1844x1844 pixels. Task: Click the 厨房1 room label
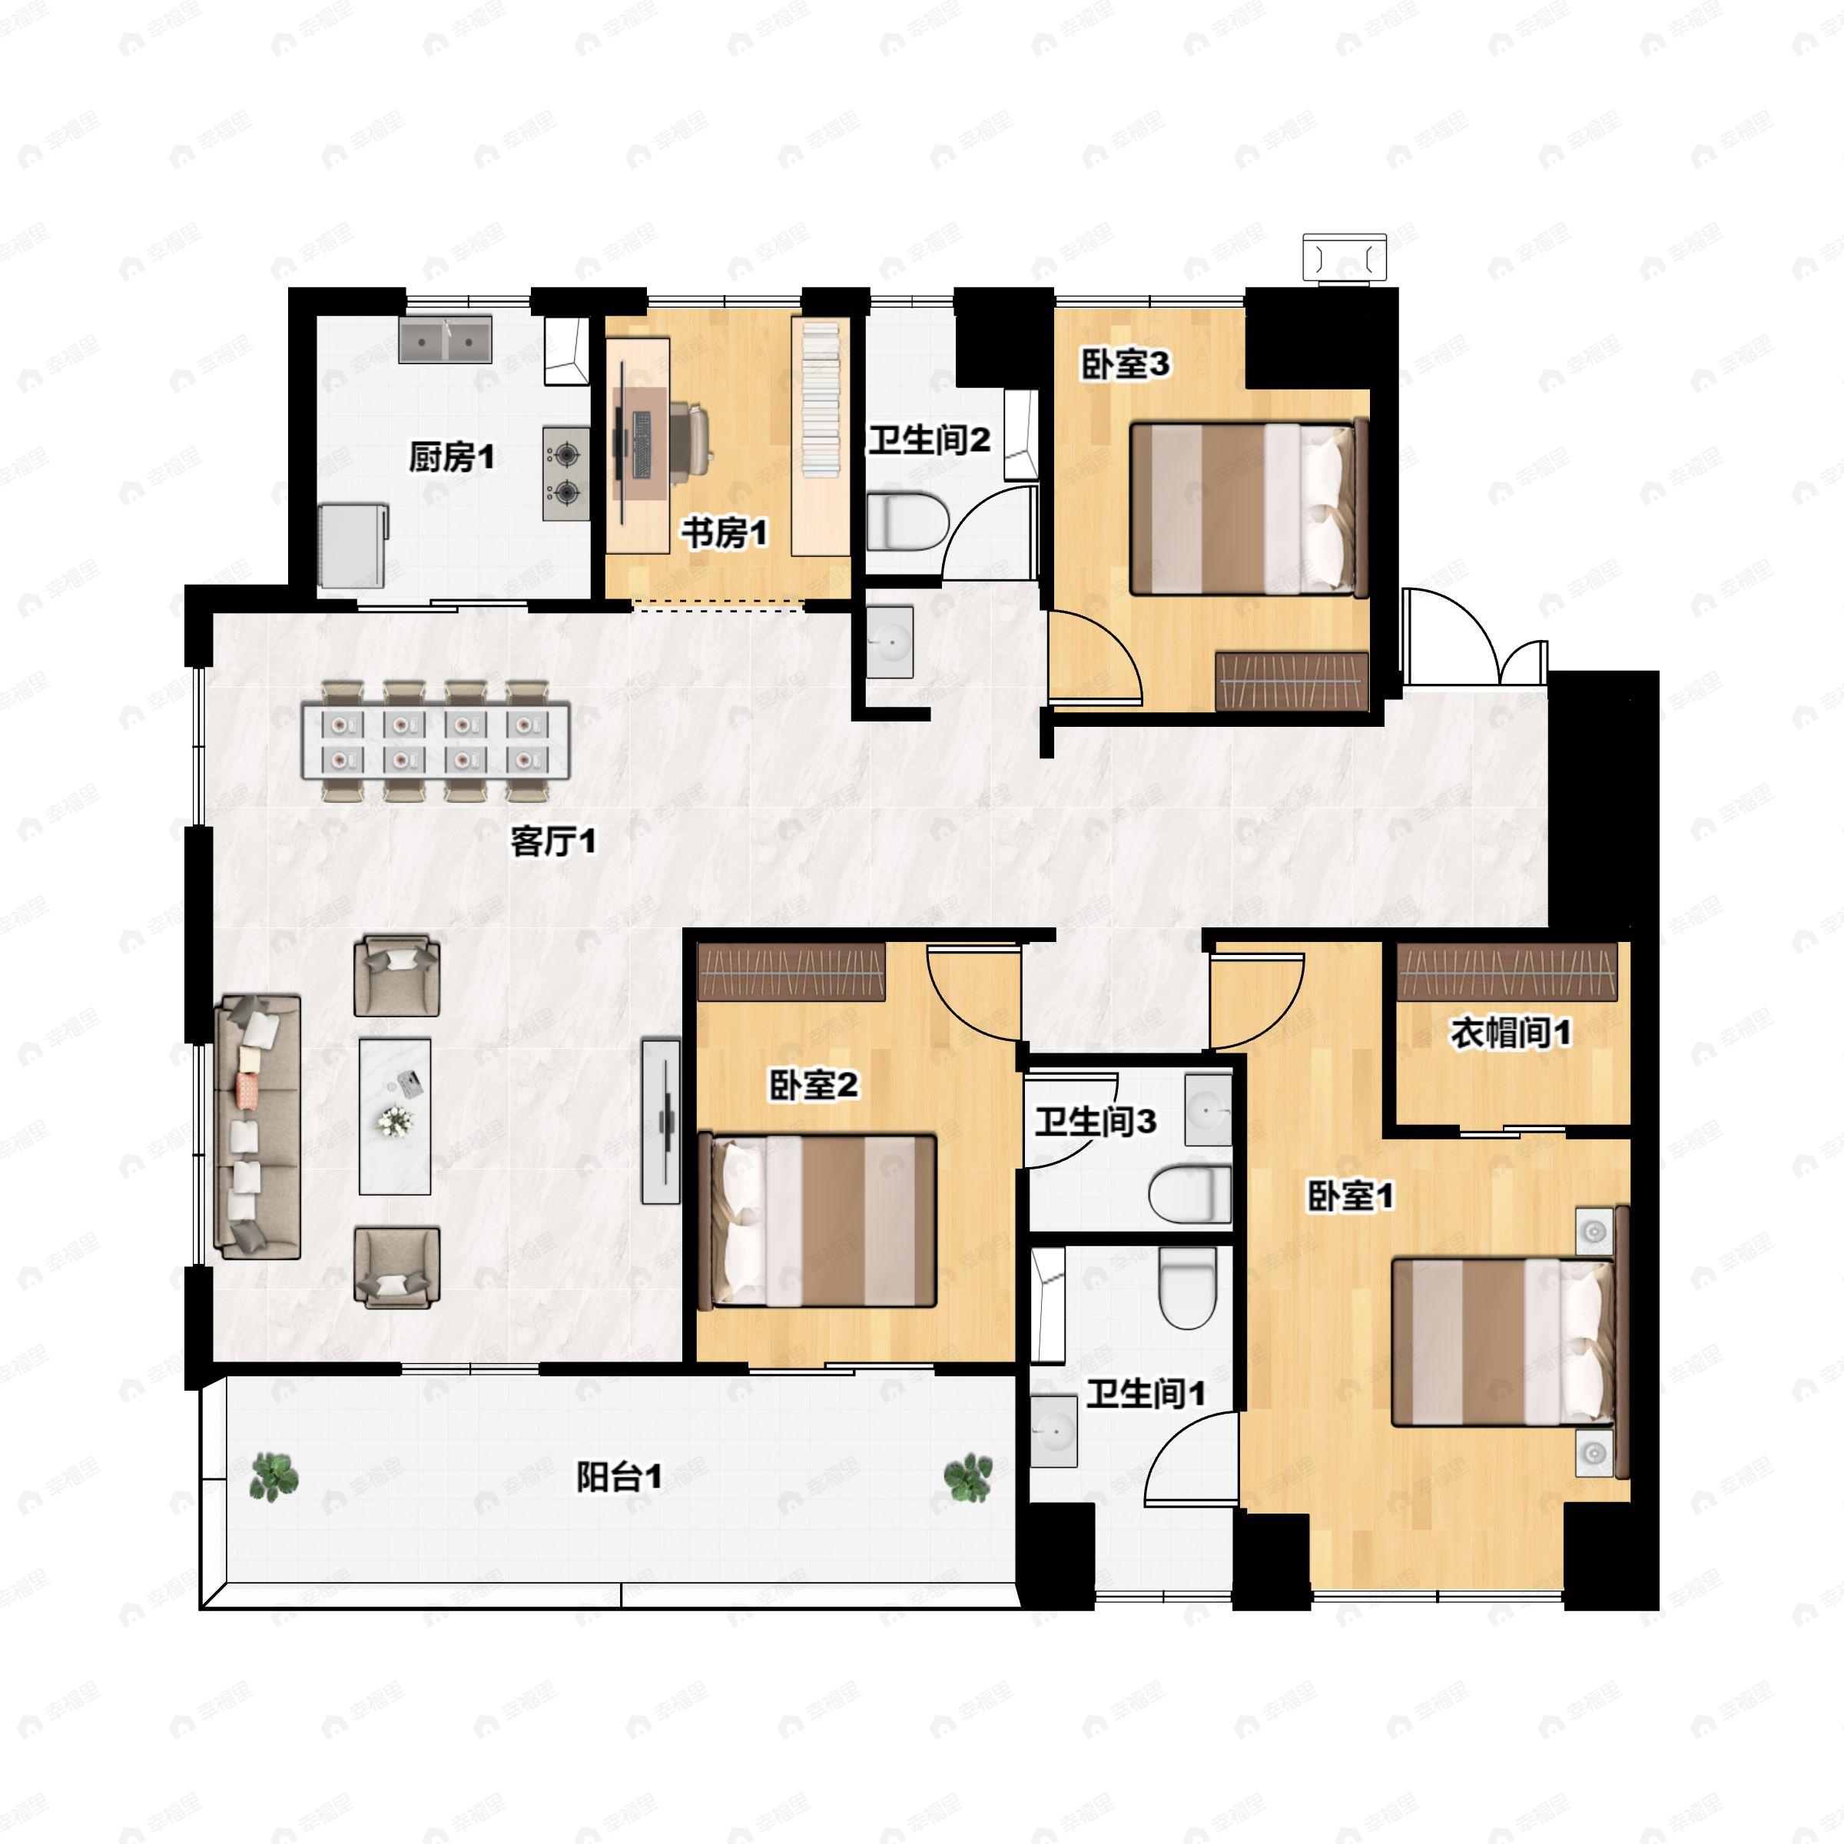pos(452,458)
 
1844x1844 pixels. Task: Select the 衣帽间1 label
pos(1511,1033)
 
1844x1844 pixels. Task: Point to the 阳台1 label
pos(619,1478)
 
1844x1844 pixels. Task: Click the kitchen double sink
pos(446,339)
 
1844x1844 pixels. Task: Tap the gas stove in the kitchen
pos(566,473)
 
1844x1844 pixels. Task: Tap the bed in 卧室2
pos(819,1221)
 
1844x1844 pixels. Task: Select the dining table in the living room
pos(436,741)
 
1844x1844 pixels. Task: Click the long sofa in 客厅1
pos(257,1126)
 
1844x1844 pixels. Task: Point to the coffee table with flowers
pos(394,1116)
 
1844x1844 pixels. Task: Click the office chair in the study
pos(691,438)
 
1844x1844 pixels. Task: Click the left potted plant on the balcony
pos(275,1477)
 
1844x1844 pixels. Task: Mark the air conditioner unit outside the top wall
pos(1345,257)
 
